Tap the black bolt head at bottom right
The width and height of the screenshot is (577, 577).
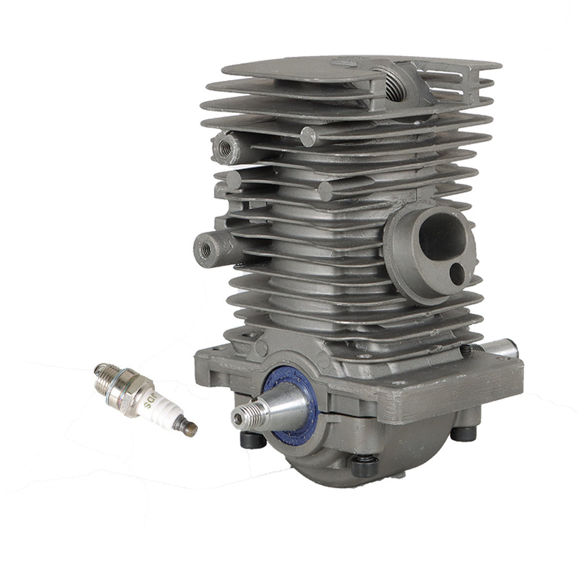(464, 432)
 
